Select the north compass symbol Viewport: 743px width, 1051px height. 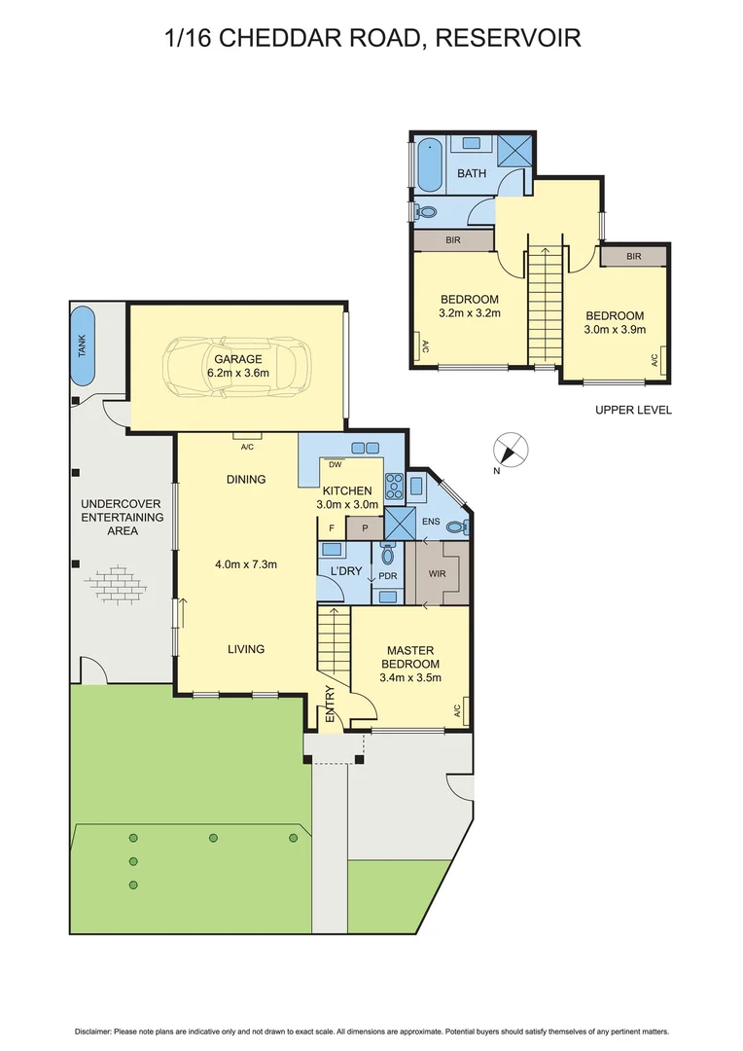pyautogui.click(x=512, y=451)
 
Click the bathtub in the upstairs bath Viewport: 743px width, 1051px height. pyautogui.click(x=429, y=165)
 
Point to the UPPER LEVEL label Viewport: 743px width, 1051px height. pyautogui.click(x=633, y=410)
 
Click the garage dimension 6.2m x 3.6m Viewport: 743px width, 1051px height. pyautogui.click(x=238, y=373)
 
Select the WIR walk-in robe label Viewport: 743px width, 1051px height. pyautogui.click(x=437, y=574)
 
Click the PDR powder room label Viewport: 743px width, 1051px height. pyautogui.click(x=386, y=575)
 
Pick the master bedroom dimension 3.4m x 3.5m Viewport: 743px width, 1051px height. pyautogui.click(x=409, y=677)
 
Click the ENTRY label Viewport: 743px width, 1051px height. pyautogui.click(x=330, y=704)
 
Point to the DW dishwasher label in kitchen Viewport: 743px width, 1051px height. pyautogui.click(x=334, y=464)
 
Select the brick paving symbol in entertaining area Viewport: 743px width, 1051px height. pyautogui.click(x=117, y=584)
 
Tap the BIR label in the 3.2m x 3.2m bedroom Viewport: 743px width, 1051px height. pyautogui.click(x=453, y=239)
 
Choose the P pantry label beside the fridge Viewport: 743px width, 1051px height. pyautogui.click(x=365, y=528)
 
